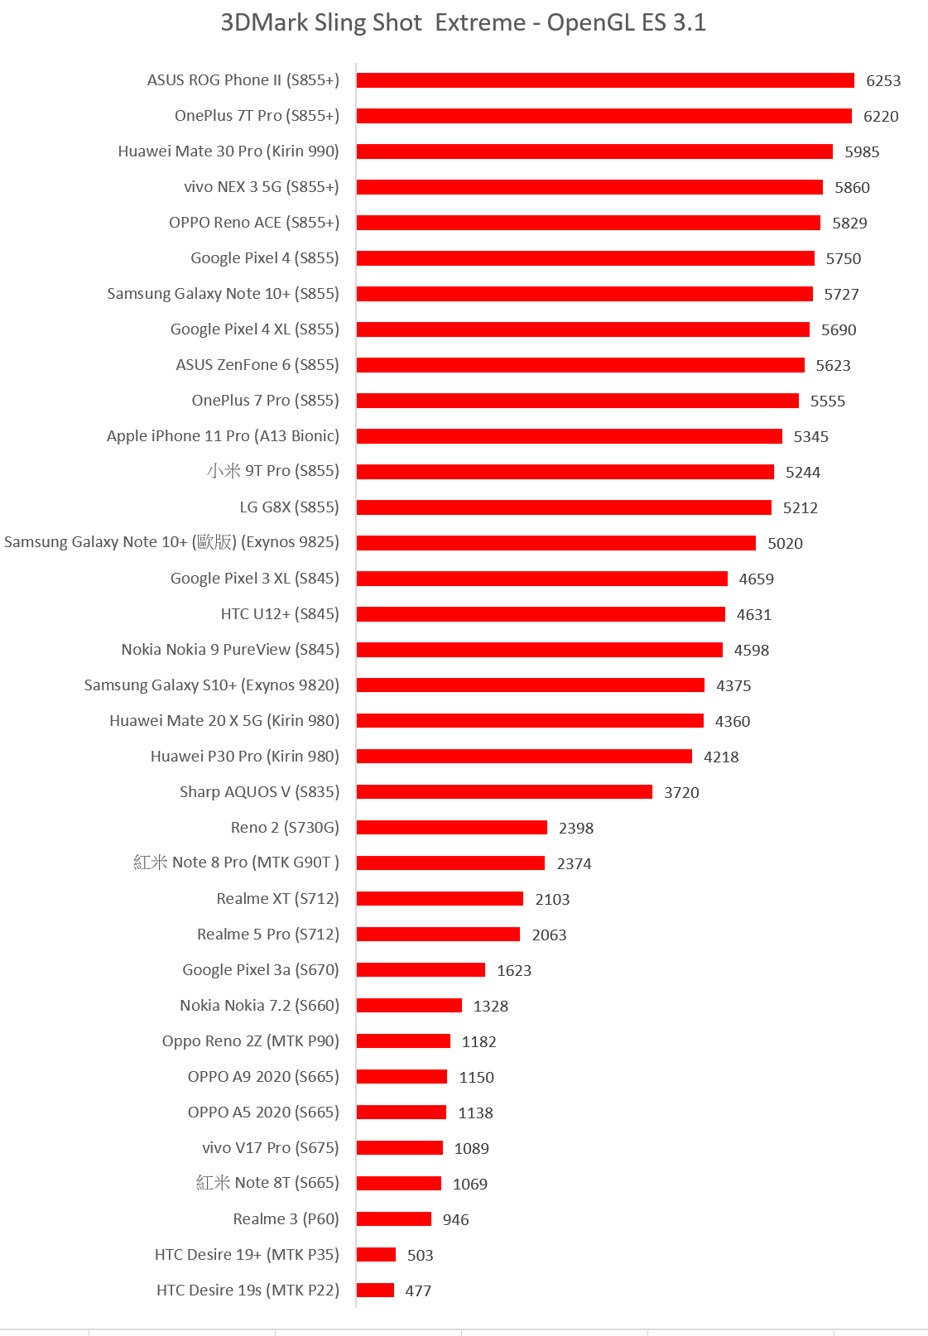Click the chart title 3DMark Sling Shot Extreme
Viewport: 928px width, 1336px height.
pyautogui.click(x=463, y=22)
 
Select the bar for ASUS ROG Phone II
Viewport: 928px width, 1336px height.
pyautogui.click(x=605, y=80)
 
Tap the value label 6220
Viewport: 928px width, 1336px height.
pyautogui.click(x=881, y=117)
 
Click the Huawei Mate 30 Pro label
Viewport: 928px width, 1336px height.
pyautogui.click(x=228, y=151)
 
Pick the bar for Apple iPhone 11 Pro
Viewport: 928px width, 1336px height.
pyautogui.click(x=570, y=436)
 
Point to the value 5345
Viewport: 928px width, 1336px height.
pyautogui.click(x=810, y=437)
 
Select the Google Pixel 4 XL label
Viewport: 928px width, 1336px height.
pyautogui.click(x=255, y=329)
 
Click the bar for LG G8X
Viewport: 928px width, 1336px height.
pyautogui.click(x=564, y=507)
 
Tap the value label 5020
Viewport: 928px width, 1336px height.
pyautogui.click(x=785, y=544)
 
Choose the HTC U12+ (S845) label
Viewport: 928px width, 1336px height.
pyautogui.click(x=280, y=614)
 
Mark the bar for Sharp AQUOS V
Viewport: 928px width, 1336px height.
pyautogui.click(x=504, y=792)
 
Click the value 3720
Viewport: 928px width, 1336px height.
pyautogui.click(x=681, y=793)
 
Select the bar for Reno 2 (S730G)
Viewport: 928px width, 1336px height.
pyautogui.click(x=452, y=828)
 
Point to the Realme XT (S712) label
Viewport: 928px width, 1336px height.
pyautogui.click(x=278, y=899)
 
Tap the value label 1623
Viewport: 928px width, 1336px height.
pyautogui.click(x=514, y=971)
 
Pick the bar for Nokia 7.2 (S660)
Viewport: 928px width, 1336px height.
pyautogui.click(x=409, y=1006)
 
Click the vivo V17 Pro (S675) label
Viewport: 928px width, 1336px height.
pyautogui.click(x=271, y=1148)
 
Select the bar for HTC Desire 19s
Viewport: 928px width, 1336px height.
pyautogui.click(x=375, y=1290)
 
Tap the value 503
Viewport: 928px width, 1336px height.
pyautogui.click(x=420, y=1256)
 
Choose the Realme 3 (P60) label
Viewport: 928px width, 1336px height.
pyautogui.click(x=286, y=1219)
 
